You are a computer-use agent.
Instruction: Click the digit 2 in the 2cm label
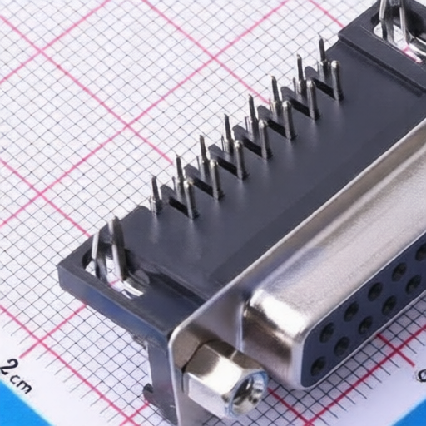click(8, 367)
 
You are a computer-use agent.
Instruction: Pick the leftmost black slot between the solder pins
click(177, 202)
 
